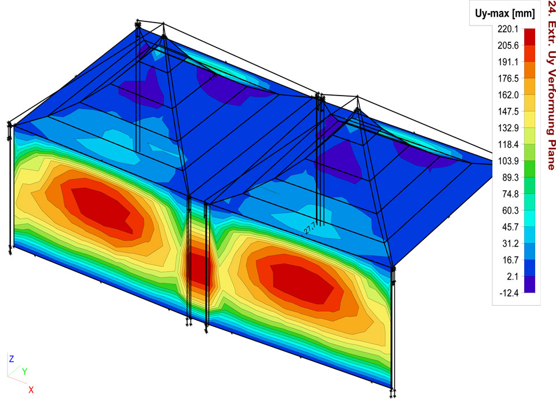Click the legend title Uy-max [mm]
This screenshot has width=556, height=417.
tap(504, 14)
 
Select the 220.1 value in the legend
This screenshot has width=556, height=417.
tap(508, 29)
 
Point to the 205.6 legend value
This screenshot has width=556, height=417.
tap(508, 45)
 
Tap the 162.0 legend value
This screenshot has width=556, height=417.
tap(508, 95)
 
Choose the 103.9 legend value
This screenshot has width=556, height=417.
tap(508, 161)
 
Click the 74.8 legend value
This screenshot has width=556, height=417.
tap(510, 194)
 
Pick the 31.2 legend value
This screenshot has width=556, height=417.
tap(510, 244)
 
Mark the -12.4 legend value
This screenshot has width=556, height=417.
tap(509, 293)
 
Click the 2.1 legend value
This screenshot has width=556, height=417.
tap(513, 277)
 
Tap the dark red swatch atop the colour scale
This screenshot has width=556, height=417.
tap(529, 37)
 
